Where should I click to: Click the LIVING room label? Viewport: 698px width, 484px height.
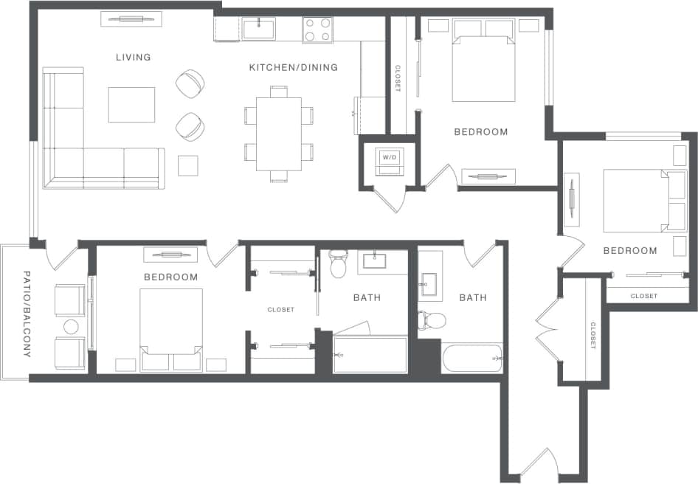click(133, 57)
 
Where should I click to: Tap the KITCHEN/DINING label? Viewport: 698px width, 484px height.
click(293, 67)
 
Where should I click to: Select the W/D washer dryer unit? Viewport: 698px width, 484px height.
click(388, 161)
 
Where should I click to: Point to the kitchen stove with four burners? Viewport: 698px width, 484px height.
click(317, 30)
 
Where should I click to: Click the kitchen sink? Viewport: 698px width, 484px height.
click(259, 29)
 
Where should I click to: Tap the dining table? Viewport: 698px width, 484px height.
click(279, 134)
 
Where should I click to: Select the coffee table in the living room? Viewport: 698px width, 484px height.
click(131, 105)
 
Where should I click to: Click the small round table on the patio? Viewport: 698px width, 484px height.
click(71, 327)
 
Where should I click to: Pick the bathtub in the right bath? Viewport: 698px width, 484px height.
click(471, 358)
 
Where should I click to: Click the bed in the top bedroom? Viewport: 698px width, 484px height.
click(483, 63)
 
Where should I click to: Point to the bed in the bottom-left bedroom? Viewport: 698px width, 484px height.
click(171, 329)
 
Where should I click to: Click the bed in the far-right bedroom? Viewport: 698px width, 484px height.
click(637, 201)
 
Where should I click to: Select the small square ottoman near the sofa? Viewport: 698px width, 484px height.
click(188, 165)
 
